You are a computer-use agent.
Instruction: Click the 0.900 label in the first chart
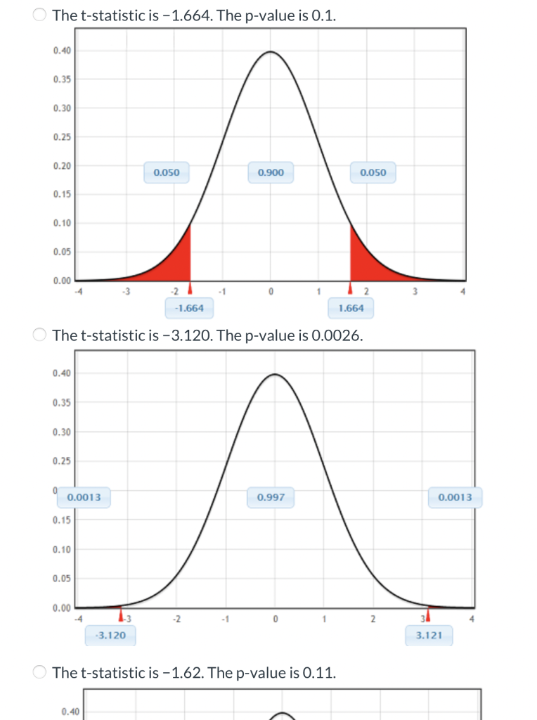[271, 172]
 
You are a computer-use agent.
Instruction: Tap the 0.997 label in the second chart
[271, 498]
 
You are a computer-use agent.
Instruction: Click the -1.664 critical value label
[190, 308]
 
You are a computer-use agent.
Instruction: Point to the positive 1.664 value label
[351, 308]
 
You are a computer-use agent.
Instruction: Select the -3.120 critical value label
[110, 636]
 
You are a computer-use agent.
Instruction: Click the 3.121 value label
[429, 636]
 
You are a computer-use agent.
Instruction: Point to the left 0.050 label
[167, 172]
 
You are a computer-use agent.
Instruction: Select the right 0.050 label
[373, 172]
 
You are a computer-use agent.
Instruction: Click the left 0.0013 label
[84, 498]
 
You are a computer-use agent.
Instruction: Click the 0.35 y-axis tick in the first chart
[62, 79]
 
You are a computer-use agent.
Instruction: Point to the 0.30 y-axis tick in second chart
[62, 432]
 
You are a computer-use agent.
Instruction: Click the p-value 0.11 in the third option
[320, 672]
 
